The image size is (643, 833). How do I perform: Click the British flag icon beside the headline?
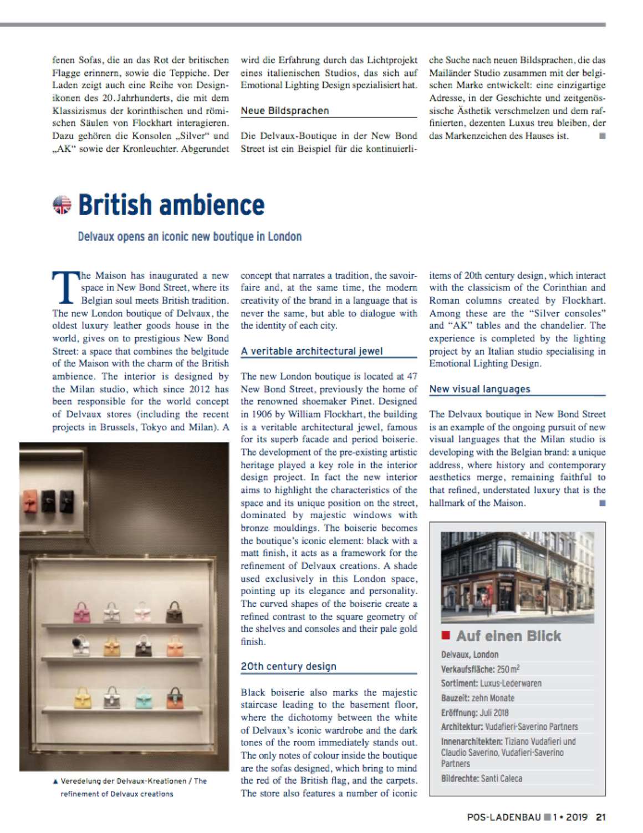(62, 205)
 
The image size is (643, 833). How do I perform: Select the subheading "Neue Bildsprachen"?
(285, 111)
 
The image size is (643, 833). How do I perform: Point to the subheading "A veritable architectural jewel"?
(312, 351)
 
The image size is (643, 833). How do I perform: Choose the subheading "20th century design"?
(288, 667)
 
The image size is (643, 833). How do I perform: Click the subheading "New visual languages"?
(479, 389)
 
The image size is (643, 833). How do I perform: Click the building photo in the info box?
(517, 577)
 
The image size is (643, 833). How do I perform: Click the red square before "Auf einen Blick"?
(445, 635)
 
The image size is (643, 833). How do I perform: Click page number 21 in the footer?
(600, 816)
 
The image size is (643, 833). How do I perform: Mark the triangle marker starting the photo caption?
(55, 781)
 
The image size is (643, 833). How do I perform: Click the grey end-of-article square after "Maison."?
(602, 503)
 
